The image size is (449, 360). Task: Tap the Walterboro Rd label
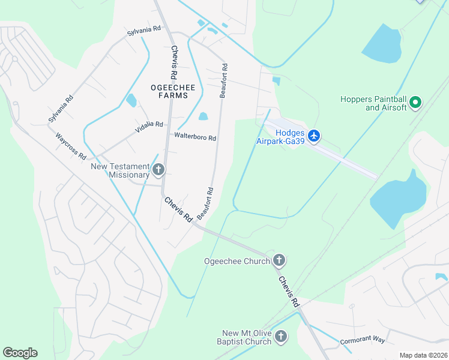(x=195, y=136)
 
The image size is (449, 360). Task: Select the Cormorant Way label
(x=363, y=339)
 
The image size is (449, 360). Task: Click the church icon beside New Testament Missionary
(x=158, y=170)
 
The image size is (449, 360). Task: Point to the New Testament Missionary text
(x=120, y=170)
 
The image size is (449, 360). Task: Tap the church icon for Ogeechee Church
(x=279, y=260)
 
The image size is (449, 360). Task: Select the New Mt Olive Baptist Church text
(x=247, y=337)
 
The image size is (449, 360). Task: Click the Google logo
(x=20, y=352)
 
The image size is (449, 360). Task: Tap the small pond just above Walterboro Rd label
(x=203, y=116)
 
